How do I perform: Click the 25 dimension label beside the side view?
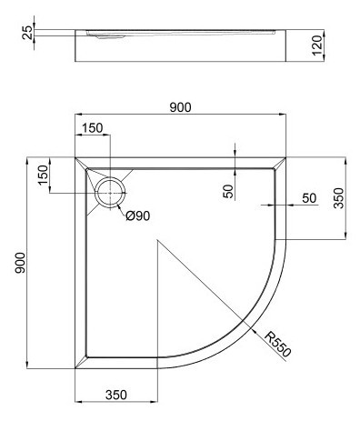(27, 33)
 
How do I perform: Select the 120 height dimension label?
(317, 45)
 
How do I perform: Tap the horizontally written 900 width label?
(180, 107)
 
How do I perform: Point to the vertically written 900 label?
(20, 263)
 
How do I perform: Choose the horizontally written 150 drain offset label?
(93, 128)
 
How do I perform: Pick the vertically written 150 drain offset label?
(43, 175)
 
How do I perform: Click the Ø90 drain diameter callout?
(138, 216)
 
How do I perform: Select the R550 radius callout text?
(277, 345)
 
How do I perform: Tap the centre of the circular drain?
(110, 193)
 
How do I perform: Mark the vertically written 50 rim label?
(229, 191)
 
